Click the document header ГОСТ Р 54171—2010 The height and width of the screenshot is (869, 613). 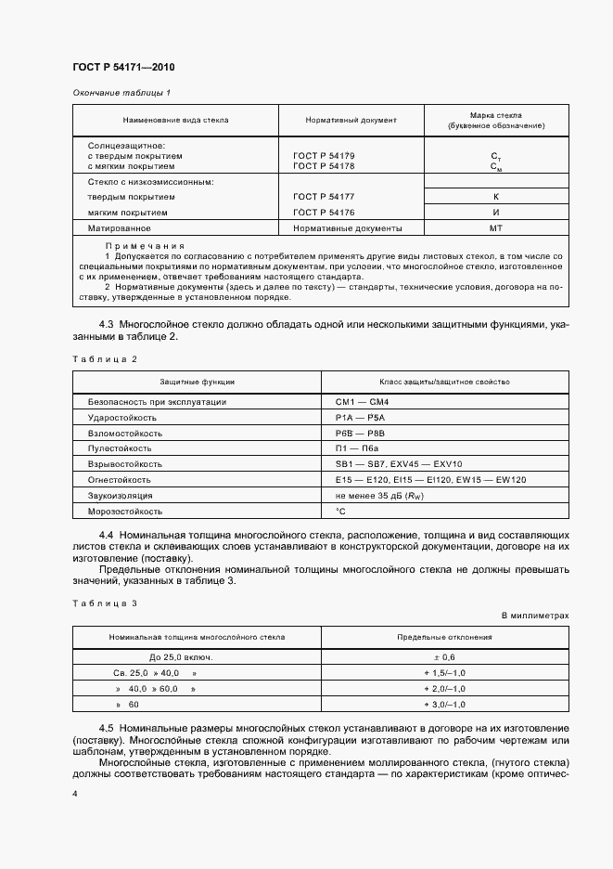click(123, 69)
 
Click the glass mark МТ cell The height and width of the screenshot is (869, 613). click(495, 227)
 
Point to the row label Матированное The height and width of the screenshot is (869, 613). click(119, 227)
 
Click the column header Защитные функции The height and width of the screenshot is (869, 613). click(197, 382)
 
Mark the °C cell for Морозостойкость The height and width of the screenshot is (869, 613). click(340, 512)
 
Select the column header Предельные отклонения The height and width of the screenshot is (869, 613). click(443, 638)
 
